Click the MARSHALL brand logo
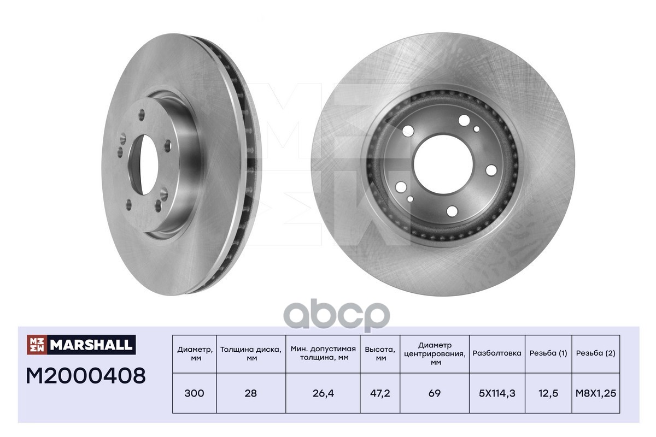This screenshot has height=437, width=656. point(81,345)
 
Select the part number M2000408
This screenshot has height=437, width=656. point(86,376)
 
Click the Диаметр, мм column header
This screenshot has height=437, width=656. point(195,353)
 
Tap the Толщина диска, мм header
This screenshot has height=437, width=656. point(251,353)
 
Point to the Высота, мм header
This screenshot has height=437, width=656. point(380,353)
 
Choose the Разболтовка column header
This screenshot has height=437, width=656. point(497,353)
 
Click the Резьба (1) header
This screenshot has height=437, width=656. point(548,353)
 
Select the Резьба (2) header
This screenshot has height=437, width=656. point(596,353)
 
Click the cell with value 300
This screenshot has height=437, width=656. point(195,393)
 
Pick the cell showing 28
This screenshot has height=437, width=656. point(251,393)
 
